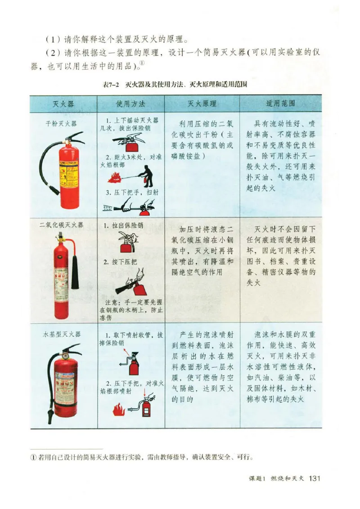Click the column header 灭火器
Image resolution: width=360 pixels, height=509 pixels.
click(63, 104)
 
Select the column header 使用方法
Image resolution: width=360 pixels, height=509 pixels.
click(130, 104)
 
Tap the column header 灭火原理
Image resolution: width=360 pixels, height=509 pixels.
click(202, 104)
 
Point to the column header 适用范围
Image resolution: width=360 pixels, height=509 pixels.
click(280, 104)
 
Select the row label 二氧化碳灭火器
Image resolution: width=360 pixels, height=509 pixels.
click(62, 225)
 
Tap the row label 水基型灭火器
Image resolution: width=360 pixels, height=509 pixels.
click(62, 335)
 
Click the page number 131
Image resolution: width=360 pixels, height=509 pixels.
click(314, 478)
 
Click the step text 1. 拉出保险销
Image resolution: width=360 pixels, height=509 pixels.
click(123, 225)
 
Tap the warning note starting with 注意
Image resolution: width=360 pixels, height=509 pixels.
click(131, 309)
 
